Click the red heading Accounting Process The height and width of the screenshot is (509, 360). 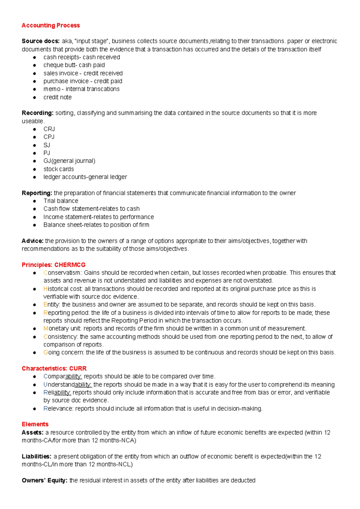[51, 26]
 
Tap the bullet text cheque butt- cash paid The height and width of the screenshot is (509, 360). [74, 65]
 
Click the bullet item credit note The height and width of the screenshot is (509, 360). [58, 97]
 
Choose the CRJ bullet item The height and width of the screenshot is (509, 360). [49, 129]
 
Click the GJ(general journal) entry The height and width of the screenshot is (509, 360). [69, 161]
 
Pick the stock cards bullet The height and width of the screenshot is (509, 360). [58, 169]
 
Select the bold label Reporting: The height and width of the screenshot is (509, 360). [37, 193]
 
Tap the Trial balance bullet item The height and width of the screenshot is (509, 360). [61, 201]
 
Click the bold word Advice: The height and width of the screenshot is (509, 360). [32, 241]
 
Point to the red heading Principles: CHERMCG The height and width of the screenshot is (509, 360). [54, 265]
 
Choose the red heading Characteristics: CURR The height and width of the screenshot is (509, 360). [54, 368]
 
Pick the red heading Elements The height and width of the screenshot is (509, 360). [35, 424]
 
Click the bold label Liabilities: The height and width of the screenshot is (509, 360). [37, 456]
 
